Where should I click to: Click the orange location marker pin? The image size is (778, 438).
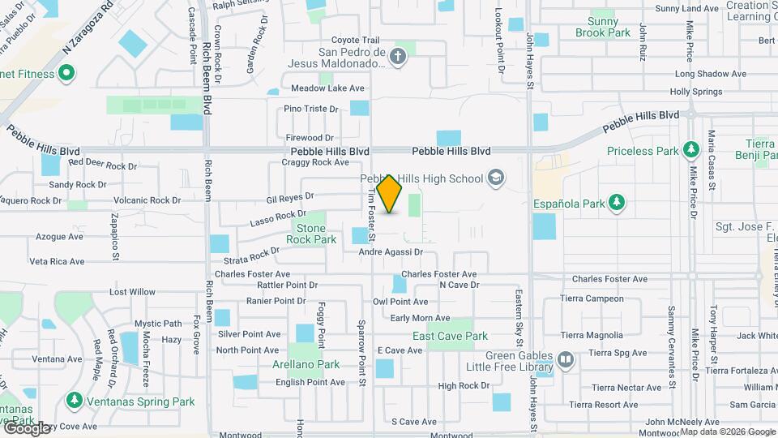[x=390, y=194]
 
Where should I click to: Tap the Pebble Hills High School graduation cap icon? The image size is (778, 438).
[x=495, y=178]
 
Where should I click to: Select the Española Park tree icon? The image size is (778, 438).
[x=617, y=202]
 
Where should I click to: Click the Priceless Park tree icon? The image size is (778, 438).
[x=690, y=150]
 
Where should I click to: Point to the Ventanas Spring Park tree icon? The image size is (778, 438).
[x=74, y=401]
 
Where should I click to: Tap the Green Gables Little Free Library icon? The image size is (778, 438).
[x=566, y=358]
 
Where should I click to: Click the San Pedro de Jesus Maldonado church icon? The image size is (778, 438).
[x=397, y=56]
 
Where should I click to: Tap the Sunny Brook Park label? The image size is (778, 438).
[x=603, y=27]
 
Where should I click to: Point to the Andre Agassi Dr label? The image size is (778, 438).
[x=391, y=252]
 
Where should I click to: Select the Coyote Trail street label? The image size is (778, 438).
[x=355, y=40]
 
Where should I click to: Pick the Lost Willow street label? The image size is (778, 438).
[x=132, y=292]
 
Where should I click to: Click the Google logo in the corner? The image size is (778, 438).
[x=27, y=427]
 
